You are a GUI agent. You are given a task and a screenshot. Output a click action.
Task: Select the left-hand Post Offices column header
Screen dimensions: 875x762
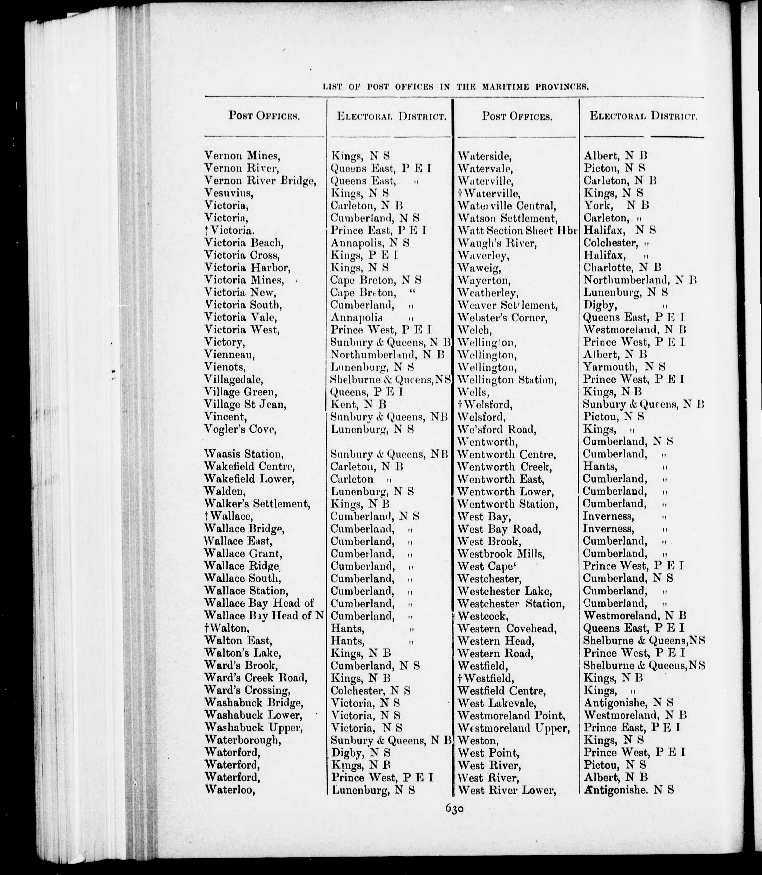click(264, 116)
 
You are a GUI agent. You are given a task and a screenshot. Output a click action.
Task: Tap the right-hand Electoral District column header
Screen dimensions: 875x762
click(643, 116)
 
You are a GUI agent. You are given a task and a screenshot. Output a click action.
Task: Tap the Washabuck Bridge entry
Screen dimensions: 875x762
click(254, 703)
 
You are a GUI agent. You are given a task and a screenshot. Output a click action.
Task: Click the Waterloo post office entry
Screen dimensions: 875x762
click(230, 790)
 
